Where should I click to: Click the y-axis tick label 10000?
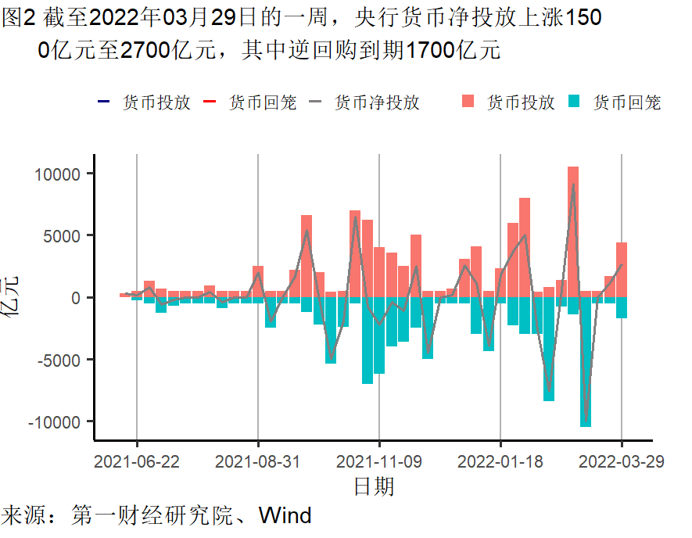coord(59,174)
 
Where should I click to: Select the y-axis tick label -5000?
coord(60,360)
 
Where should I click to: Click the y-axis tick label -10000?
coord(56,421)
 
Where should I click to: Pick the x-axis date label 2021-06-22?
coord(137,461)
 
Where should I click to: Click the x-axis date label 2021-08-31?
coord(258,461)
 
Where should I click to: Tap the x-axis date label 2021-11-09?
coord(379,461)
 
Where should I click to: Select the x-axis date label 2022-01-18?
coord(500,461)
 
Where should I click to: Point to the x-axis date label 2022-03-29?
coord(622,461)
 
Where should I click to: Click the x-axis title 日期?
coord(374,486)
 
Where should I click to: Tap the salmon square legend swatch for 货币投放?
coord(468,102)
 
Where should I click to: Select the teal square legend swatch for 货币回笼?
coord(575,102)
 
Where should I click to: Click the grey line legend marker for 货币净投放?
coord(317,102)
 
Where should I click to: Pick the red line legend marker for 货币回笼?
coord(210,102)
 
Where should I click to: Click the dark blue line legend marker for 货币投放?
coord(104,102)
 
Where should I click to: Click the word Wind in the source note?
coord(285,516)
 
